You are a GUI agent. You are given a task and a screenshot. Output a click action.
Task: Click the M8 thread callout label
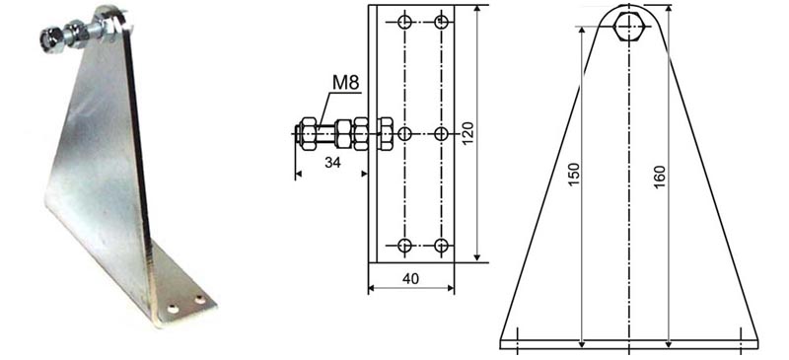click(x=346, y=84)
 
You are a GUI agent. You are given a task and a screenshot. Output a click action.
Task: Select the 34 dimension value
click(x=333, y=163)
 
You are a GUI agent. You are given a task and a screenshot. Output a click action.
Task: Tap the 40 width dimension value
click(x=410, y=279)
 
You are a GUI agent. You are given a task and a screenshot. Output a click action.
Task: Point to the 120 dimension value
click(x=467, y=133)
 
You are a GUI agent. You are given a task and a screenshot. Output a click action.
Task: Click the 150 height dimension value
click(x=575, y=175)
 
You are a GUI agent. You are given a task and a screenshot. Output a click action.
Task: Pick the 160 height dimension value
click(x=660, y=177)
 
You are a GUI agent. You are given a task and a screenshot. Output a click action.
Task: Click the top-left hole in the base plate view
click(x=404, y=22)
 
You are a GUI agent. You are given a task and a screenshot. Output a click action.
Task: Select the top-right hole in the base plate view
click(x=441, y=22)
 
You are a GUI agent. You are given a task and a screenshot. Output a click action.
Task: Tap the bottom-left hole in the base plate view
click(x=404, y=246)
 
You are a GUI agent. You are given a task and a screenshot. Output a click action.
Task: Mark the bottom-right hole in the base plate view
click(x=441, y=246)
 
